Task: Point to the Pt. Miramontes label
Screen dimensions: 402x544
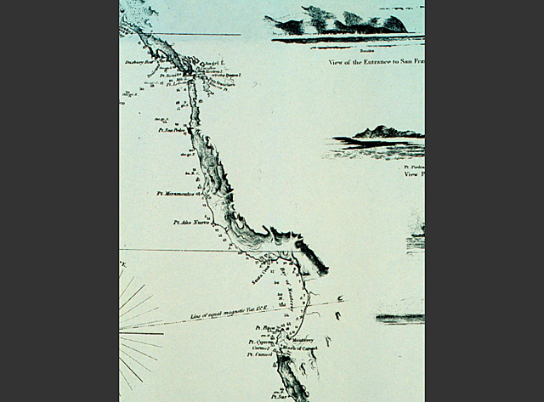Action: point(176,194)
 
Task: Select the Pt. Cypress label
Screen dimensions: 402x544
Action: point(260,342)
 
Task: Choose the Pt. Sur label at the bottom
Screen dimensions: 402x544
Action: point(281,396)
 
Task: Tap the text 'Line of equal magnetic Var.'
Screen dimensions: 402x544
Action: point(227,314)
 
